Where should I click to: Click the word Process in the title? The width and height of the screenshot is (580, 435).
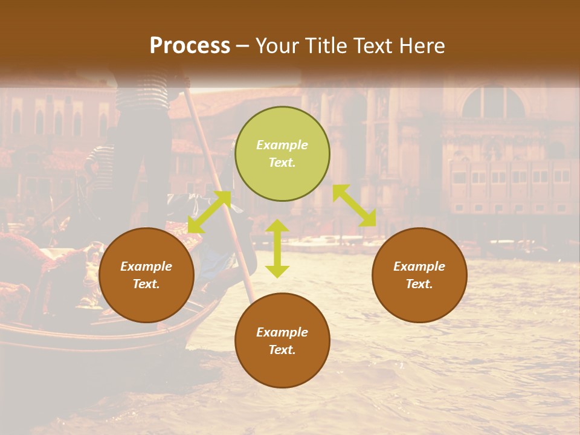click(190, 46)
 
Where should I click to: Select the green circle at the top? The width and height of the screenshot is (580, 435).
click(282, 153)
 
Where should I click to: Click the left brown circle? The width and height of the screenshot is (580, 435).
click(146, 275)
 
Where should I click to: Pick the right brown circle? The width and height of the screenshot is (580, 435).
click(419, 275)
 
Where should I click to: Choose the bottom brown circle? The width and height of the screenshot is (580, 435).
click(282, 340)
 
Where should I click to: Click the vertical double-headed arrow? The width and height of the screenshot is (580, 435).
click(277, 248)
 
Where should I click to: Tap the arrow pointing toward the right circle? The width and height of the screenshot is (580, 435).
click(354, 205)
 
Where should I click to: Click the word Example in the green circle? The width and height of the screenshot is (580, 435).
click(282, 145)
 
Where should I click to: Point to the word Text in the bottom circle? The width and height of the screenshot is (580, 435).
click(282, 350)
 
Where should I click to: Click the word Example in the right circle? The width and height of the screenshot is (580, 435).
click(419, 266)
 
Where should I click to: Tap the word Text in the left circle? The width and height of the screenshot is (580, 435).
click(146, 284)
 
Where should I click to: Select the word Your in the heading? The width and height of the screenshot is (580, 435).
click(276, 46)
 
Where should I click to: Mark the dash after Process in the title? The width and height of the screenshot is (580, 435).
click(242, 47)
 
